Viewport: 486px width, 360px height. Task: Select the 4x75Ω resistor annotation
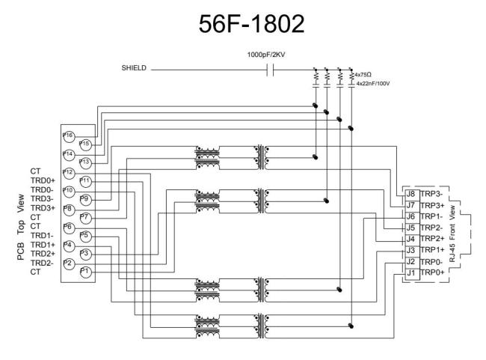click(x=366, y=75)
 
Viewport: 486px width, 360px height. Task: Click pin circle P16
click(x=68, y=135)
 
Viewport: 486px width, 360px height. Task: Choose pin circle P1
click(x=85, y=272)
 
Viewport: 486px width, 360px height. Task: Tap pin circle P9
click(x=85, y=198)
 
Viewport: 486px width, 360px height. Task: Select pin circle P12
click(x=68, y=172)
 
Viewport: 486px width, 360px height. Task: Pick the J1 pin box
click(x=410, y=272)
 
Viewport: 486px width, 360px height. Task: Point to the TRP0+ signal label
click(x=432, y=272)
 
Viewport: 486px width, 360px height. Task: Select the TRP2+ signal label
click(x=432, y=239)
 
